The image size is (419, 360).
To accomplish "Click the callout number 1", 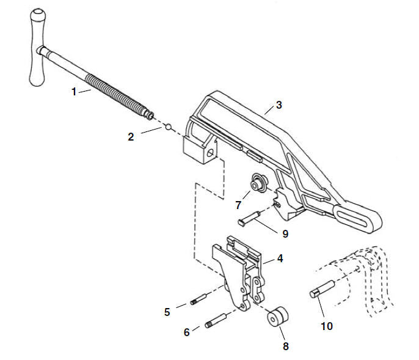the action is (x=74, y=92).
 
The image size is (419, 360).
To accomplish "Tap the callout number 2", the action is (x=131, y=137).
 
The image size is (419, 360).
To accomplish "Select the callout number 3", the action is (x=279, y=105).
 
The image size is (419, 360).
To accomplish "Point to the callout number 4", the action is (x=280, y=259).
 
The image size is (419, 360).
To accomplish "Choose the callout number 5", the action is (x=167, y=312).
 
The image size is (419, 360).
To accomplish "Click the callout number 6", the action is (x=187, y=332).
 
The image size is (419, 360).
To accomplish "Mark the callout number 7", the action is (x=238, y=205).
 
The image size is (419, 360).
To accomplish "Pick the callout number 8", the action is (x=286, y=346).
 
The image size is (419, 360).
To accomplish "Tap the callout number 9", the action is (x=285, y=233).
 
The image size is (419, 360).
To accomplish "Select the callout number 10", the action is (x=327, y=326).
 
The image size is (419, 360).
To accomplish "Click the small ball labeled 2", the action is (x=168, y=127).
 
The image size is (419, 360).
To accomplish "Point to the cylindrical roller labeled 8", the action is (x=278, y=317).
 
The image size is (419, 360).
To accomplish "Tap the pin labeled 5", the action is (x=199, y=299).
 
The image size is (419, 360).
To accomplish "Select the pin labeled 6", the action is (x=216, y=320).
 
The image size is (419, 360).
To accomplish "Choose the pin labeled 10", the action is (x=322, y=289).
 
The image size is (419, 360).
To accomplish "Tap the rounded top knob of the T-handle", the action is (x=38, y=14).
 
